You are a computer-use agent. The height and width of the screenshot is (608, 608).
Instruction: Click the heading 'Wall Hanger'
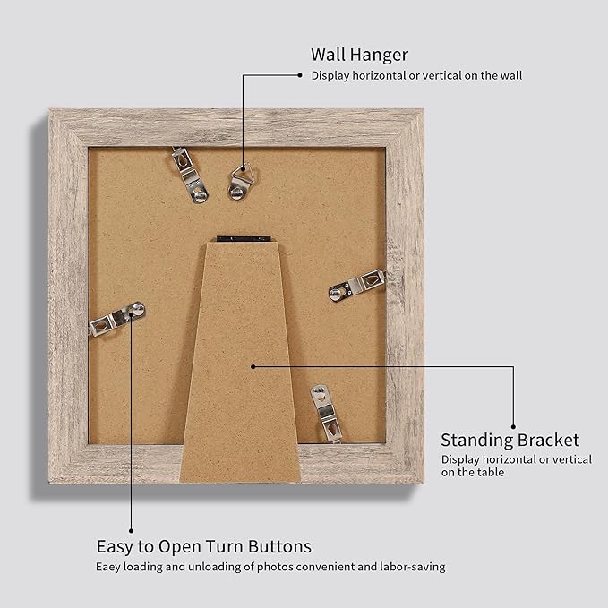point(359,55)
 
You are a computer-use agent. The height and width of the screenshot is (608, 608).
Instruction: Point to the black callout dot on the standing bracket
point(254,365)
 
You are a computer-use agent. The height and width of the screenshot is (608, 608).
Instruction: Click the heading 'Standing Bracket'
point(510,440)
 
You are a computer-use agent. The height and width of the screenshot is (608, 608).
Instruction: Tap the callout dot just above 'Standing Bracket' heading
point(514,426)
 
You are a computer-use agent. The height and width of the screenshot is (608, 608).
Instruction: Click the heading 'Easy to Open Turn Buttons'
point(204,546)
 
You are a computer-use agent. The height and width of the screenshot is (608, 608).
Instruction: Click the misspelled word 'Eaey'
point(109,567)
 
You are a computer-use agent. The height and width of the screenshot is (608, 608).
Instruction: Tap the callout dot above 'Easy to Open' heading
point(131,530)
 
